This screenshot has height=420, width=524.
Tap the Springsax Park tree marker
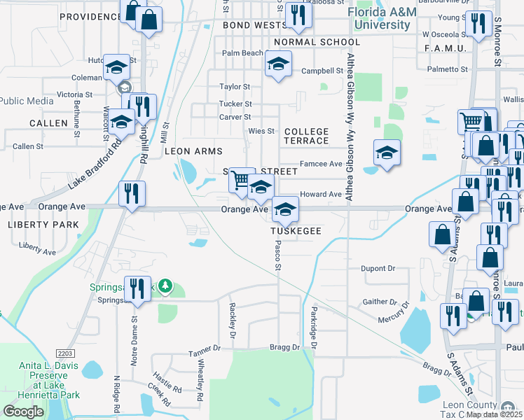click(x=165, y=286)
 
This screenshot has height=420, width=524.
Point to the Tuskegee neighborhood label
click(x=296, y=230)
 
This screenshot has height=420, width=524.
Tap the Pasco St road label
click(x=278, y=257)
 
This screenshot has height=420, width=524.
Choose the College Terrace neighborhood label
click(x=306, y=136)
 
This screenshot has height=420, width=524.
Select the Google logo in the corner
click(x=23, y=411)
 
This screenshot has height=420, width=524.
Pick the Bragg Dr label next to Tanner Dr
click(x=284, y=347)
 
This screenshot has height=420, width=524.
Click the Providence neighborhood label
click(x=90, y=16)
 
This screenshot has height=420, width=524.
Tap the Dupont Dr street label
click(x=378, y=268)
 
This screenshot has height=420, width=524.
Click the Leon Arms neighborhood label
click(x=193, y=151)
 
